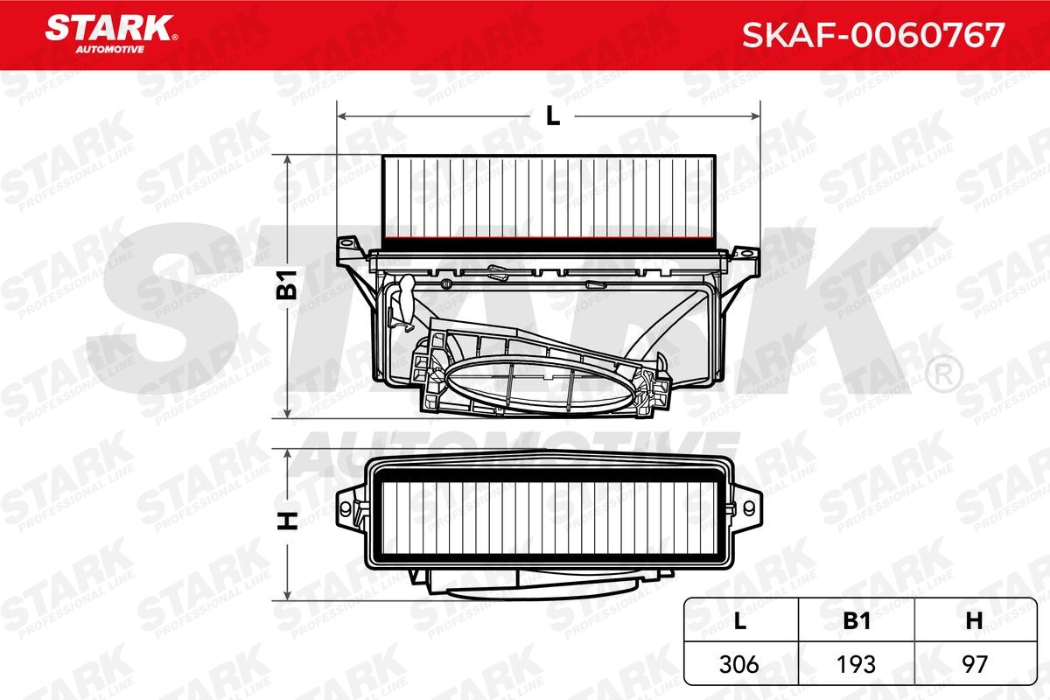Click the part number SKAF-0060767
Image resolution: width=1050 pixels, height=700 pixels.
coord(874,34)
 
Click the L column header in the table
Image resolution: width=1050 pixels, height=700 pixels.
coord(740,620)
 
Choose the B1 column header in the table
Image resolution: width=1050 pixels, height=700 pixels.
coord(857,620)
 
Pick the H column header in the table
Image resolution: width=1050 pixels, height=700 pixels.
coord(972,620)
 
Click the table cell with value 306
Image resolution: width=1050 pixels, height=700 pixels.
coord(740,663)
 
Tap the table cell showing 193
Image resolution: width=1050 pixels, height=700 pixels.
coord(857,663)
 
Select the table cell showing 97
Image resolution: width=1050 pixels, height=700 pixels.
coord(972,663)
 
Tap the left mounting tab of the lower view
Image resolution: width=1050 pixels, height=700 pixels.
coord(352,505)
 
